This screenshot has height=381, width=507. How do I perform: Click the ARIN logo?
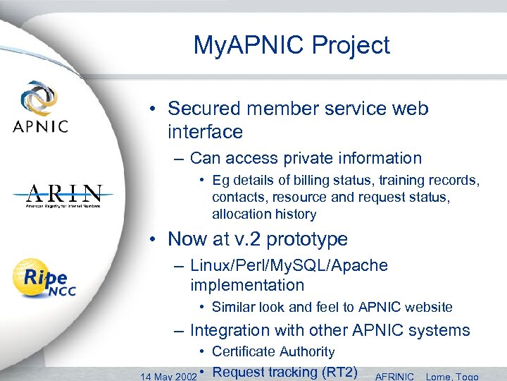[x=64, y=195]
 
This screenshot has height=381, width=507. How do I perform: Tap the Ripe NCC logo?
[x=44, y=279]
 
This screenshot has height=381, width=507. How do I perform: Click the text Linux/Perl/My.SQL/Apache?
[x=289, y=265]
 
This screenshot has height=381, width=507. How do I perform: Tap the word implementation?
[x=247, y=285]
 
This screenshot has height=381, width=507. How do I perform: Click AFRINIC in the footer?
[x=396, y=376]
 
